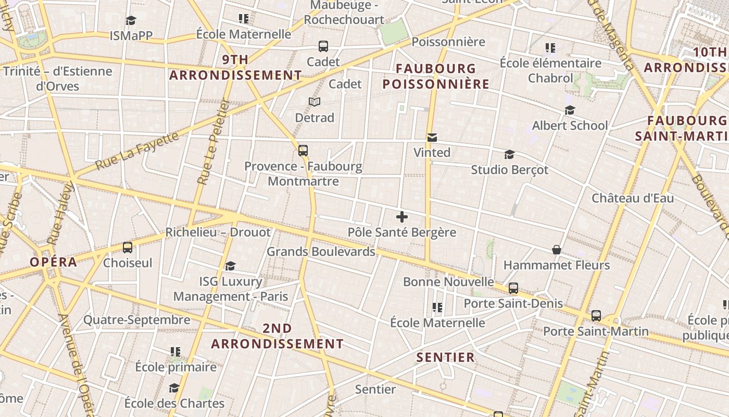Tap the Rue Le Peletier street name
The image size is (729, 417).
point(213,142)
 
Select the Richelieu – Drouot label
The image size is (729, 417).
point(218,232)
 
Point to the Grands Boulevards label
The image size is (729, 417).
point(321,252)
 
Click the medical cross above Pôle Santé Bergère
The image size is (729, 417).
point(401,217)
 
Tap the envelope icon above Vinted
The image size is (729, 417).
point(432,138)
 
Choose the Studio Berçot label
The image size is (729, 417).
point(509,170)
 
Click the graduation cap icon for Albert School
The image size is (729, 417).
point(570,111)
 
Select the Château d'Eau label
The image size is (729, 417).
point(633,198)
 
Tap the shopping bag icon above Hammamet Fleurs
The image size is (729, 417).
point(557,250)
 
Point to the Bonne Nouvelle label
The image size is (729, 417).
point(448,282)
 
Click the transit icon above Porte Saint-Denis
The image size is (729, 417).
point(513,288)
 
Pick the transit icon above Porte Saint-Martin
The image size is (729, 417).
point(596,316)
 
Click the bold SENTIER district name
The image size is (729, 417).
point(446,358)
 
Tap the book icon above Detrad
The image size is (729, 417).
point(315,102)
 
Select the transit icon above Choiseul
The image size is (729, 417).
point(128,248)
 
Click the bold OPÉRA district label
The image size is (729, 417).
point(53,262)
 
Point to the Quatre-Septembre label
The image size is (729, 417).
point(137,320)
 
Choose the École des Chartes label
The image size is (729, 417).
point(174,403)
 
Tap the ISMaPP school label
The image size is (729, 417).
point(131,35)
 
